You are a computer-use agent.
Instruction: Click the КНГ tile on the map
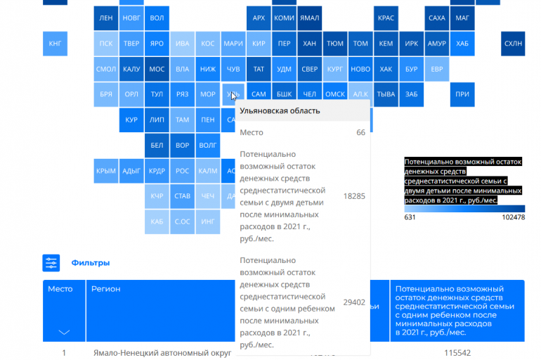pos(55,44)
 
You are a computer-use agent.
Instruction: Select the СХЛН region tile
pos(513,44)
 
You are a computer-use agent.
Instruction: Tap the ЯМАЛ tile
pos(309,18)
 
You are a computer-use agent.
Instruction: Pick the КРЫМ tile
pos(106,170)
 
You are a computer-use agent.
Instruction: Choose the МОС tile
pos(157,69)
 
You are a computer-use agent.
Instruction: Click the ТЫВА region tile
pos(386,94)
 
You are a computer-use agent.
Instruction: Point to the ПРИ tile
pos(462,94)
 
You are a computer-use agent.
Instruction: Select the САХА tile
pos(436,18)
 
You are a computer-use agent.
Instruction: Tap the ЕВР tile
pos(436,69)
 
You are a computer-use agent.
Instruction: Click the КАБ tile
pos(157,221)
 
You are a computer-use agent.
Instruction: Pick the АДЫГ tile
pos(131,170)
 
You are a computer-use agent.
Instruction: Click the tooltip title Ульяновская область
pos(280,110)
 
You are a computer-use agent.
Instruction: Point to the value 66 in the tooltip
pos(360,132)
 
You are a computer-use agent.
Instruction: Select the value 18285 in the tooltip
pos(354,196)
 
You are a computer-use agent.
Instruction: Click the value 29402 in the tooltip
pos(354,302)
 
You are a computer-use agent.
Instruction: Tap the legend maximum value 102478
pos(513,217)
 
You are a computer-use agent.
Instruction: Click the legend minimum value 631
pos(410,217)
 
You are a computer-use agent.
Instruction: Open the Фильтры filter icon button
pos(51,263)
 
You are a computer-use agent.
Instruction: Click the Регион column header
pos(105,289)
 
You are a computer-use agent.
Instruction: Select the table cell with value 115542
pos(457,352)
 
